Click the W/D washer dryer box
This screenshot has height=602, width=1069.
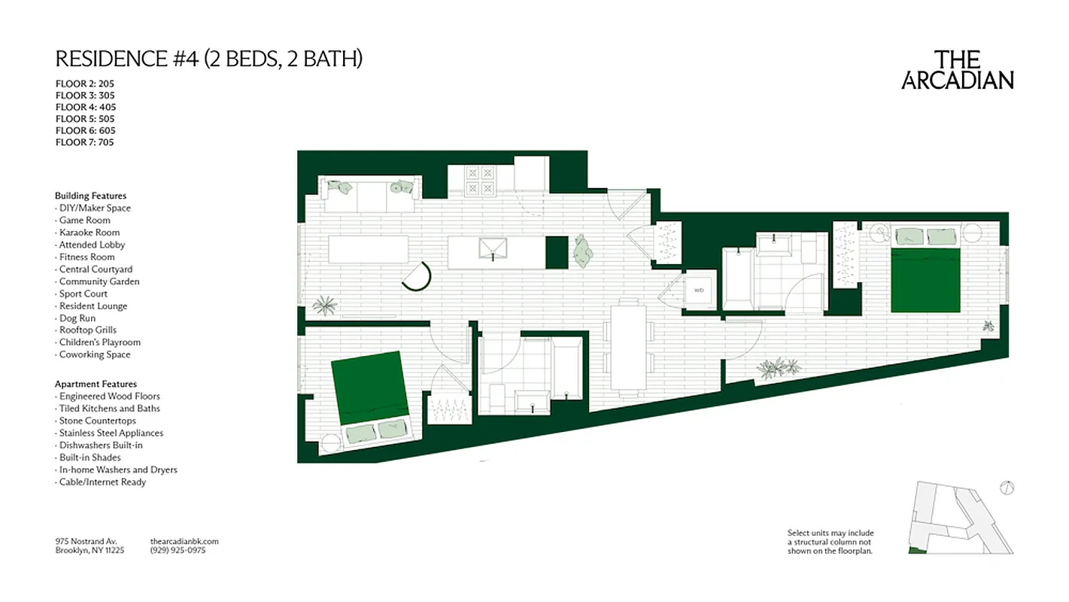tap(699, 289)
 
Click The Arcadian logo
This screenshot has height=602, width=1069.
tap(957, 71)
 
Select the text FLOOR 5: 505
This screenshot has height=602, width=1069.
tap(85, 119)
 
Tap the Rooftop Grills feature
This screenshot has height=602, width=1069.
tap(87, 330)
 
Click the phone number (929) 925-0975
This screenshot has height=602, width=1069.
tap(178, 551)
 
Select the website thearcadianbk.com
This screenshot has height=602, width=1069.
tap(184, 541)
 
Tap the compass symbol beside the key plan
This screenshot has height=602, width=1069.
tap(1007, 488)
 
